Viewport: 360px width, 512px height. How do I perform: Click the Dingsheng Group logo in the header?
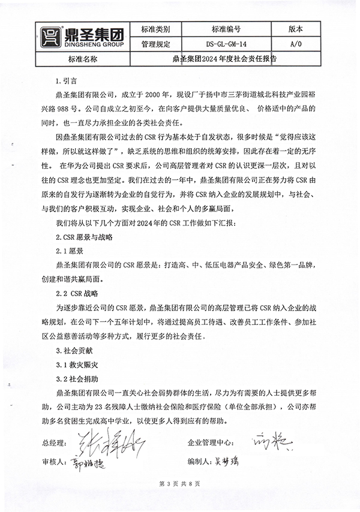(x=82, y=37)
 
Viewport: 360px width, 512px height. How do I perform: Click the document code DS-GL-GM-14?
(x=226, y=44)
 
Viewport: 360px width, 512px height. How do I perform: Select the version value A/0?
(x=296, y=44)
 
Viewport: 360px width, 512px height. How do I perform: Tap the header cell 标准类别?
(x=155, y=29)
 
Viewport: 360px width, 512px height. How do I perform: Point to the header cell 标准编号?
(x=226, y=29)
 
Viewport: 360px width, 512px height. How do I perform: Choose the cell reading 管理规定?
(x=155, y=44)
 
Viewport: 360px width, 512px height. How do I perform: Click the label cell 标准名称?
(x=83, y=59)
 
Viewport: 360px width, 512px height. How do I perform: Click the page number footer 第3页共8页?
(x=179, y=483)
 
